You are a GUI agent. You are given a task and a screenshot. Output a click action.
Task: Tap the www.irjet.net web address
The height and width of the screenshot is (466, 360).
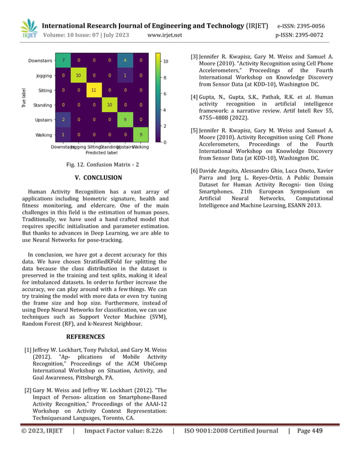click(164, 35)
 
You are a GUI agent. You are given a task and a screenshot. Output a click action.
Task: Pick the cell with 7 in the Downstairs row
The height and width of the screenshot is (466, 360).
click(64, 60)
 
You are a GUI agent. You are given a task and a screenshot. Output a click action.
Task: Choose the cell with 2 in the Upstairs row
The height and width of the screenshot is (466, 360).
click(64, 120)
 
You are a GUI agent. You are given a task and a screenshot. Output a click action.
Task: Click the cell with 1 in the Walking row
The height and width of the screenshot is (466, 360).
click(64, 134)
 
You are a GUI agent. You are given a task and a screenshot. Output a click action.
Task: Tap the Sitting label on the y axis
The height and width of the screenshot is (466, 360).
click(45, 90)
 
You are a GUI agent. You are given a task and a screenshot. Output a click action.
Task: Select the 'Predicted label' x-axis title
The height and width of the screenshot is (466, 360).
click(102, 152)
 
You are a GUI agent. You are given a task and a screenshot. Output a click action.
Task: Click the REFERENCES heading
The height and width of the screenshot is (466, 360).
click(85, 337)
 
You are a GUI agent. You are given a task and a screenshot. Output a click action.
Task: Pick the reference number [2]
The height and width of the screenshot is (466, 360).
click(28, 390)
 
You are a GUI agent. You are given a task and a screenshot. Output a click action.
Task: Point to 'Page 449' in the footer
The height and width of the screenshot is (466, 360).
click(309, 431)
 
